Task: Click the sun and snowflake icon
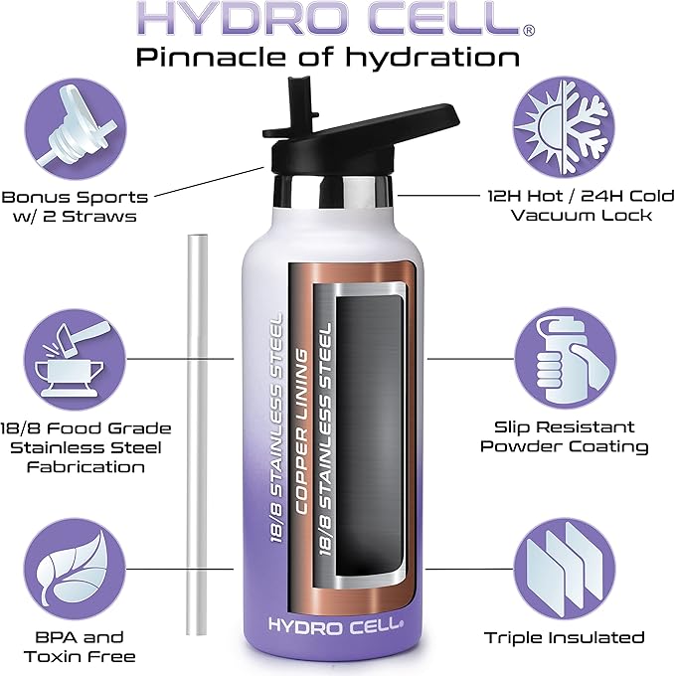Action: click(565, 127)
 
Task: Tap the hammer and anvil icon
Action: click(75, 360)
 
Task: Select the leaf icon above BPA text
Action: click(75, 569)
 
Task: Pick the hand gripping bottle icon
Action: click(565, 359)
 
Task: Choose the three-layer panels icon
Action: click(565, 569)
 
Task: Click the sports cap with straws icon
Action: click(76, 128)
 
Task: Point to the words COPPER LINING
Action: click(302, 431)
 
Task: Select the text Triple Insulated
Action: click(565, 637)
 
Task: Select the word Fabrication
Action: click(85, 467)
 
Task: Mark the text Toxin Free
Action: click(80, 656)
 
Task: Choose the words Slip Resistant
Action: click(565, 426)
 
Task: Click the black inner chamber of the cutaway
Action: click(370, 435)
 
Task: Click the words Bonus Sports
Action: click(75, 197)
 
